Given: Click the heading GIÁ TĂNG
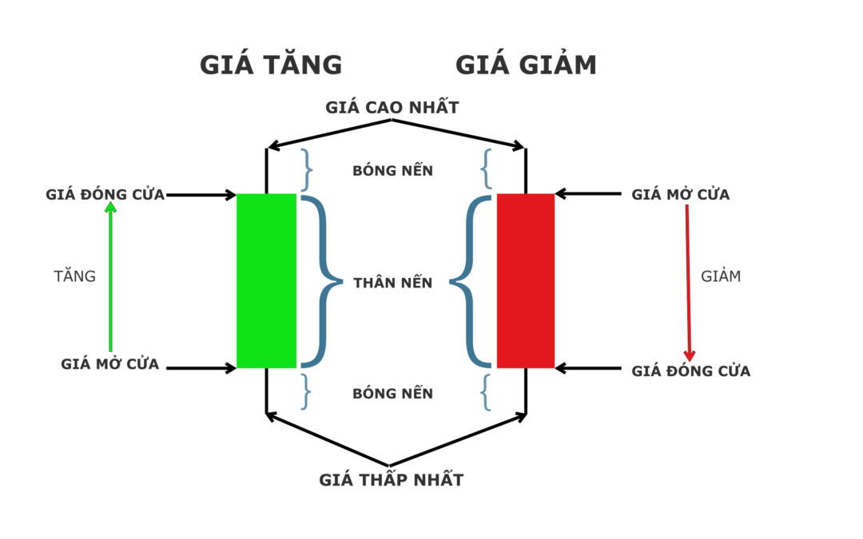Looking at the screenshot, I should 271,65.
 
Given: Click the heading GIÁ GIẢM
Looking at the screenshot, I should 526,65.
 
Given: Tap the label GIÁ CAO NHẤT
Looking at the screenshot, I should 392,107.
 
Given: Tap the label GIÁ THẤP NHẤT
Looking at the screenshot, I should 391,480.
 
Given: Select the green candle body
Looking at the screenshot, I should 266,280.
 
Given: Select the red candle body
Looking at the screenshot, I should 525,280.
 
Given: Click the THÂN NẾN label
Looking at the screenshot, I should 392,283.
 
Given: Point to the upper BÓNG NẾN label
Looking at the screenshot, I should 392,171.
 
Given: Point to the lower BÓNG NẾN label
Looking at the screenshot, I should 392,393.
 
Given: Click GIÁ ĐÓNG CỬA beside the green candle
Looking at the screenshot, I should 105,194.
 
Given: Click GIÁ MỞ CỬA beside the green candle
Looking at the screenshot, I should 109,364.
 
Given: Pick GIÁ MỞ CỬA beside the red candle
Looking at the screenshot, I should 680,194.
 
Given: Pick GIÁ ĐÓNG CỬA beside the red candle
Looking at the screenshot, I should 690,371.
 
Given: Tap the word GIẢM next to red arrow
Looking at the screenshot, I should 721,276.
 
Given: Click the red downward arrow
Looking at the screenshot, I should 688,283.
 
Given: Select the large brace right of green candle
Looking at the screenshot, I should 320,281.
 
